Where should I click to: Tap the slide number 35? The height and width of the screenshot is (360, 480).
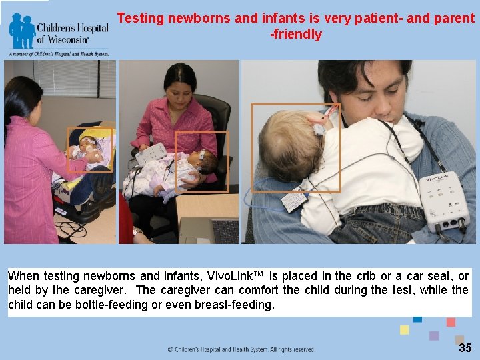[465, 348]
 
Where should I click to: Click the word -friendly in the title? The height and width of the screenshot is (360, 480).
[295, 35]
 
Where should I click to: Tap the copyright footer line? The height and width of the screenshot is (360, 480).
[241, 349]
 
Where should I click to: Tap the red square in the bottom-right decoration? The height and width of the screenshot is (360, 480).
[451, 322]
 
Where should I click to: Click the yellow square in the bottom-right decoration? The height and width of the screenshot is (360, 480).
[404, 330]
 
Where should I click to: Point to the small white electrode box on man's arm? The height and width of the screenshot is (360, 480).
[293, 200]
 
